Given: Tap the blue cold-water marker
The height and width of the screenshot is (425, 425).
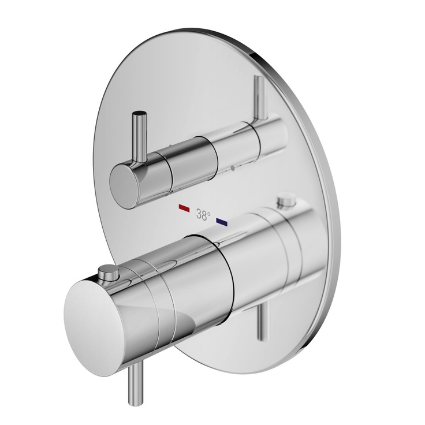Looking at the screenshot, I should pos(222,220).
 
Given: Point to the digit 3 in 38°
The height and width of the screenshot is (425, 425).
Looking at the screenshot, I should pos(199,215).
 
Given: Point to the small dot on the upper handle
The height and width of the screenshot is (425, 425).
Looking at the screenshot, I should pos(232,169).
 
